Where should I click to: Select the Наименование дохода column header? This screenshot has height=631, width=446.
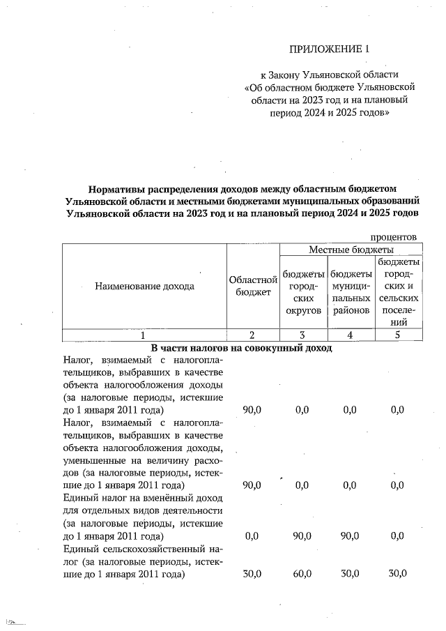point(145,285)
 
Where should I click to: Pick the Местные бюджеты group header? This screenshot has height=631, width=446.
point(351,249)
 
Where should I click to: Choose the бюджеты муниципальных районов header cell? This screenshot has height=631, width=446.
point(351,291)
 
